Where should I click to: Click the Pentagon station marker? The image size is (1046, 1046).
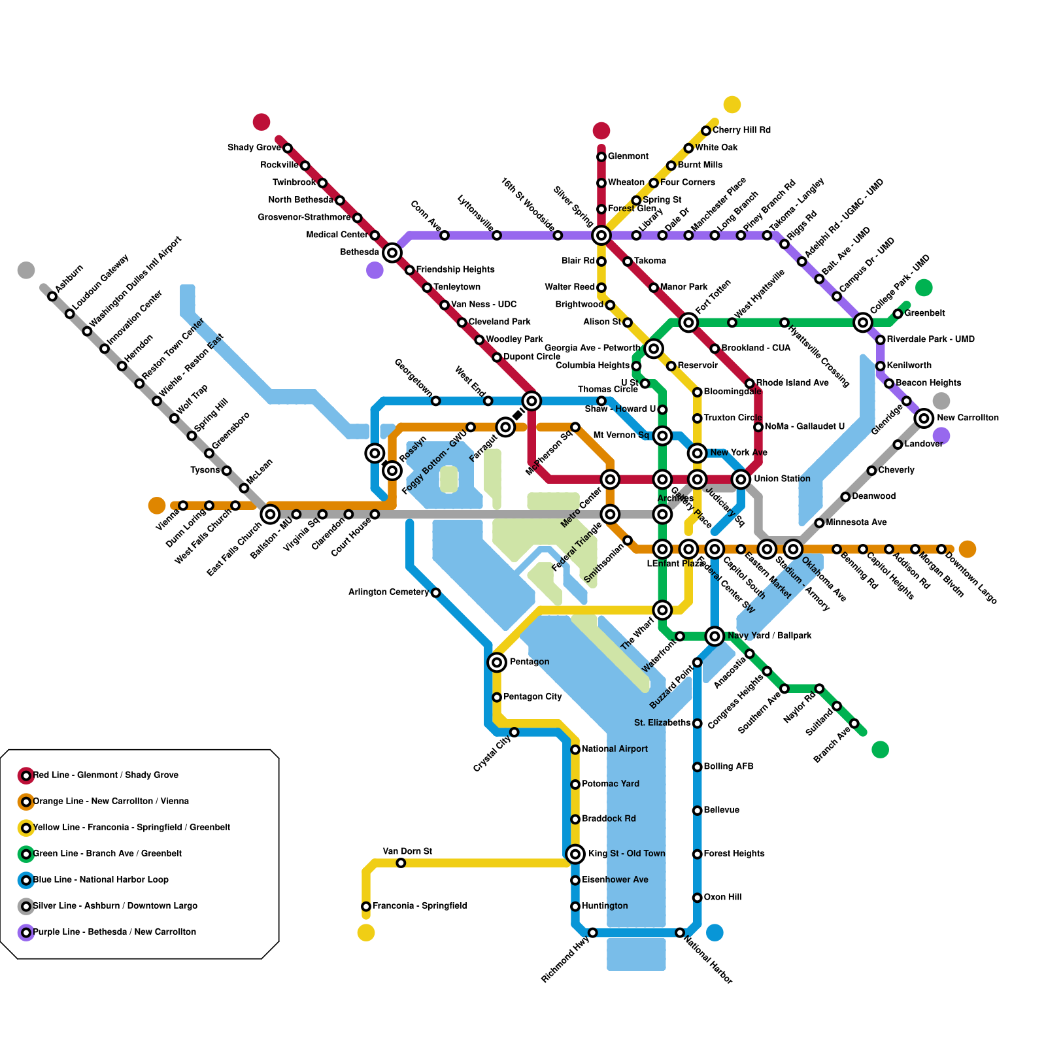(x=497, y=662)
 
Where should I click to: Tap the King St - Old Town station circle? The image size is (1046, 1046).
(x=575, y=854)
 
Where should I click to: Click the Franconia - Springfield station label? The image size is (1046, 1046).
(x=420, y=906)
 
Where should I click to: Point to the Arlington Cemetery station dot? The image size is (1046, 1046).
(x=436, y=592)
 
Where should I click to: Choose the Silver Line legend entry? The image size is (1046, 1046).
(x=115, y=906)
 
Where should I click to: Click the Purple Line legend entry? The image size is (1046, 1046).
(x=114, y=932)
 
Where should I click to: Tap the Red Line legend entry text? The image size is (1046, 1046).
(x=106, y=775)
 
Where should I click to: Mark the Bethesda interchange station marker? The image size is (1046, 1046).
(x=392, y=252)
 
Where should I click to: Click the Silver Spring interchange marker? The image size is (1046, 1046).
(x=601, y=235)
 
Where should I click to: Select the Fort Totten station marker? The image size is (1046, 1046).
(x=688, y=322)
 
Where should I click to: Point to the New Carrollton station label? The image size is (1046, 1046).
(x=968, y=418)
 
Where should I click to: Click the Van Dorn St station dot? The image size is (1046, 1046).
(x=401, y=863)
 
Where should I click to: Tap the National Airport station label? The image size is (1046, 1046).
(x=615, y=749)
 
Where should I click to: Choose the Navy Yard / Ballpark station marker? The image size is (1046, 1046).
(x=715, y=635)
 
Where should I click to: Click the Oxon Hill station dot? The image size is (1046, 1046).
(x=698, y=898)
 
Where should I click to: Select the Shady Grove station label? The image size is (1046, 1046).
(x=254, y=148)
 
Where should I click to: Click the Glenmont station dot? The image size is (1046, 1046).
(x=601, y=157)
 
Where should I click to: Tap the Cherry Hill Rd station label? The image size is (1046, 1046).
(x=741, y=131)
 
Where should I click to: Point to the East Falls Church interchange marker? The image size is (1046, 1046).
(x=270, y=515)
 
